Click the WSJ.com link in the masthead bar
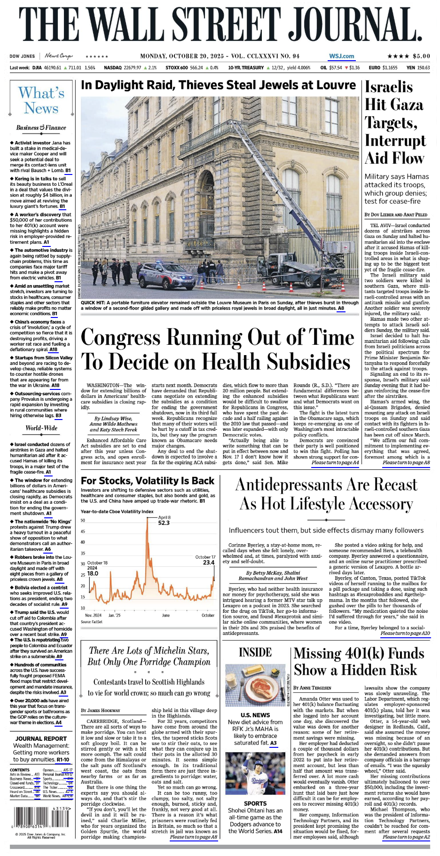[341, 56]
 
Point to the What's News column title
[41, 101]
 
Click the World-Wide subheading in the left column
[41, 428]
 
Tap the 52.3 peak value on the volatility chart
[164, 523]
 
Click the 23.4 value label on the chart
[208, 563]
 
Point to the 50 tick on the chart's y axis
[83, 520]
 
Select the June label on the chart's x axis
[165, 615]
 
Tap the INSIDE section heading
[255, 652]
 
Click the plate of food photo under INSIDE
[255, 685]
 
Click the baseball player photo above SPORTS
[255, 775]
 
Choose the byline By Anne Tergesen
[312, 688]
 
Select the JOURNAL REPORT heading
[41, 738]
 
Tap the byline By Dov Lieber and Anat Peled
[396, 214]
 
